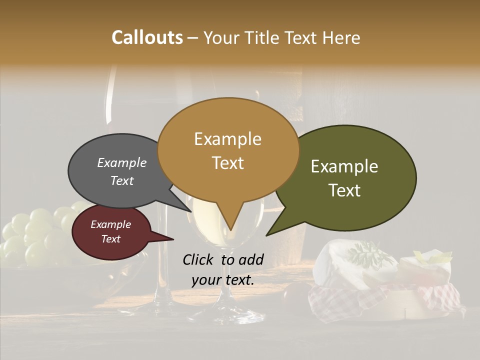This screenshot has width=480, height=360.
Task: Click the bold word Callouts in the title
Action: [147, 37]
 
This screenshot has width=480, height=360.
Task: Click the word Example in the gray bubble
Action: [122, 162]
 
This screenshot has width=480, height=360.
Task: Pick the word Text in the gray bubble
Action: [122, 180]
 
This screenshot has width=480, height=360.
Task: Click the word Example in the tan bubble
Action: [227, 139]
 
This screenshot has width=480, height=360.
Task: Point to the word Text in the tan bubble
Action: [228, 163]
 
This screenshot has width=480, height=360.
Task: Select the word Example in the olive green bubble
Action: [344, 166]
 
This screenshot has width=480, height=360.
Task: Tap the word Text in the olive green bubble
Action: [345, 190]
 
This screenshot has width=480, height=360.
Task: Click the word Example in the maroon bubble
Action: [111, 224]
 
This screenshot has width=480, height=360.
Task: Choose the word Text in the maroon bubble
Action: [111, 239]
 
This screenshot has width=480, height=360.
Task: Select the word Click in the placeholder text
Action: [199, 259]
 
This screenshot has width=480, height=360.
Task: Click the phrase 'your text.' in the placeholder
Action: [223, 280]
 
